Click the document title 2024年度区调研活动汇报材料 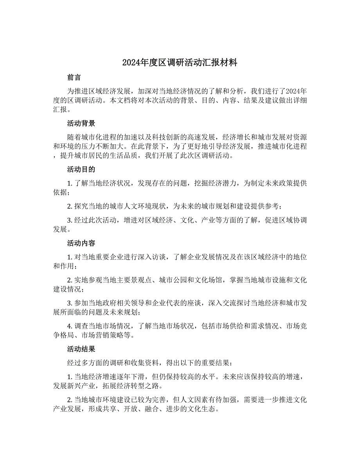(x=180, y=63)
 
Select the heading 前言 (x=74, y=77)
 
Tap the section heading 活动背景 (x=81, y=124)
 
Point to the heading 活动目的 (x=81, y=170)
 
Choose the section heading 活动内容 (x=81, y=243)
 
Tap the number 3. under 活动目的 (x=70, y=220)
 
